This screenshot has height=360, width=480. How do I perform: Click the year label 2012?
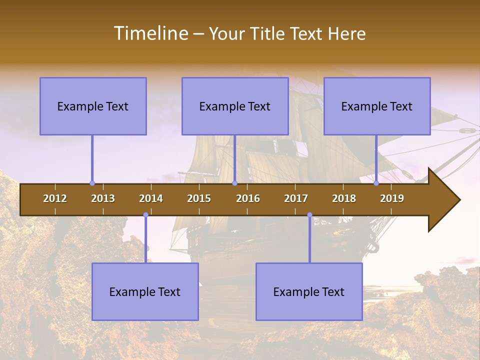55,198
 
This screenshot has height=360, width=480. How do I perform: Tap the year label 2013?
103,198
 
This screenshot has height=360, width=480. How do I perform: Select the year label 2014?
151,198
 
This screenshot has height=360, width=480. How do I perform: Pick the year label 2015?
199,198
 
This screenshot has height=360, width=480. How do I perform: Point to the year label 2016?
248,198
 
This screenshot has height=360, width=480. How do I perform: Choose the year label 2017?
296,198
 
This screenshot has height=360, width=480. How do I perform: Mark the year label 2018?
344,198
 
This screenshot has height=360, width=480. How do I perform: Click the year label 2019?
392,198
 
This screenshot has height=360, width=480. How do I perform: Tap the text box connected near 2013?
93,106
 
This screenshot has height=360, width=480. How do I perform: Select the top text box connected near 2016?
235,106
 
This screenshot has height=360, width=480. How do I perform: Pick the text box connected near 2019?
377,106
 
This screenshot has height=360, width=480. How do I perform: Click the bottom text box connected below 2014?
145,291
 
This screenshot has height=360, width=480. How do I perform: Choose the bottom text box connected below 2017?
309,291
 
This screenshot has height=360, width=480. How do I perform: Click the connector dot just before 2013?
92,183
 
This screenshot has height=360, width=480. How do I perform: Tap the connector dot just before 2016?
234,183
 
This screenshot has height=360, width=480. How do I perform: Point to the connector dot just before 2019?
376,183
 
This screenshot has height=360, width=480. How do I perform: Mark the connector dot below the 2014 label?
145,215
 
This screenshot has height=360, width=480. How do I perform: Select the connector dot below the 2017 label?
309,215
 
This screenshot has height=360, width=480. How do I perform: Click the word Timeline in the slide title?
151,33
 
